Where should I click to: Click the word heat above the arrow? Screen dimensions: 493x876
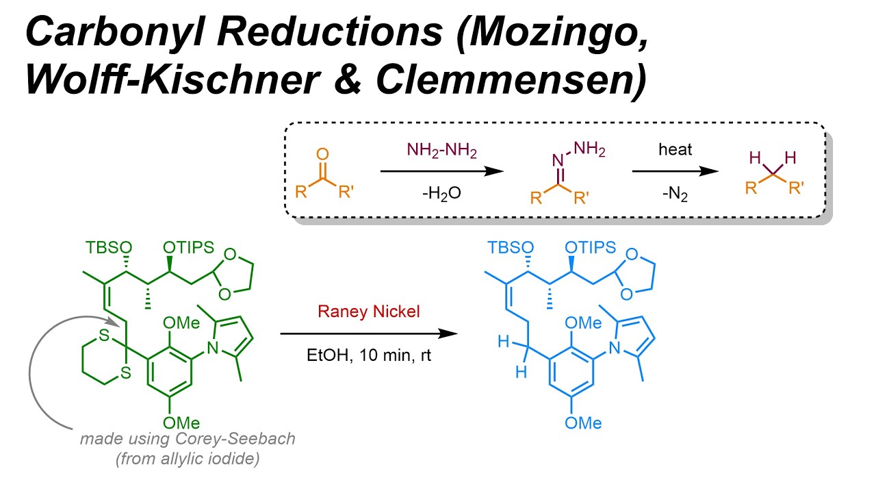tap(675, 150)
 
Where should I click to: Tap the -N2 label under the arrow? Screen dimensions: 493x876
tap(675, 194)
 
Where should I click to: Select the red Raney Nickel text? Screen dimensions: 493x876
tap(368, 312)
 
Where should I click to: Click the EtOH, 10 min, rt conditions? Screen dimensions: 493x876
tap(368, 356)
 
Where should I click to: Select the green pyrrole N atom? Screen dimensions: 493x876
tap(214, 351)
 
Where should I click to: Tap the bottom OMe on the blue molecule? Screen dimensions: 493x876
tap(582, 422)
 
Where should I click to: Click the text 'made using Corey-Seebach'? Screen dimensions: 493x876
tap(188, 438)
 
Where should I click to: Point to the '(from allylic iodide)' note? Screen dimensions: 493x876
tap(188, 459)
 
